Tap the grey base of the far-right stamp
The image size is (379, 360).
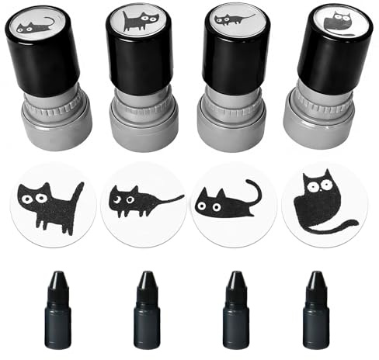coord(321,116)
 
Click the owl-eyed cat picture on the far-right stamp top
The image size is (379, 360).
coord(339,22)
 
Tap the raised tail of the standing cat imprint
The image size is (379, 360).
coord(78,192)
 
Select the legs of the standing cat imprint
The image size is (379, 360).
coord(58,223)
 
